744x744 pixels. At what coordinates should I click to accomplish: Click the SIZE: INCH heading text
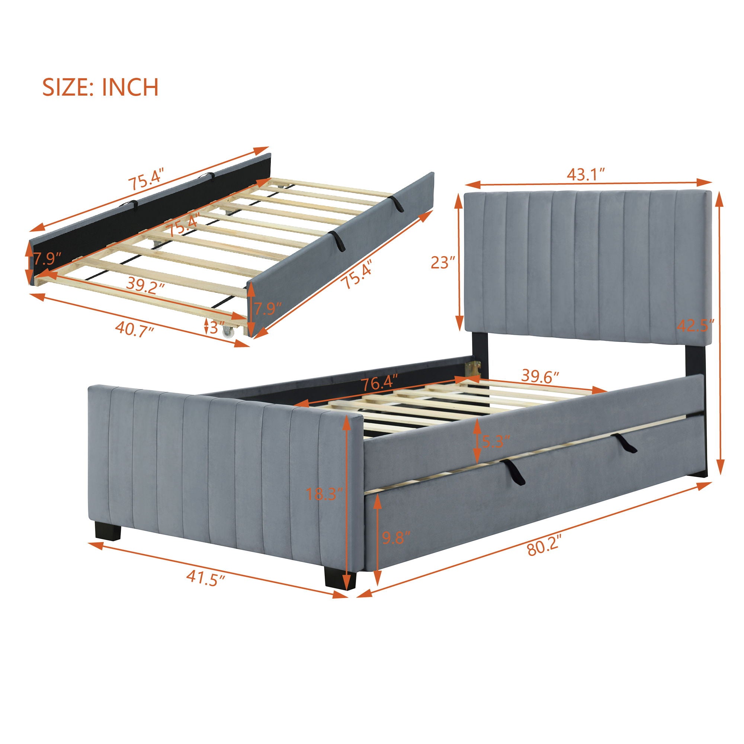[100, 87]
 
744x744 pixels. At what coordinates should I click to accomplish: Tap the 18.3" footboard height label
[324, 494]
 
